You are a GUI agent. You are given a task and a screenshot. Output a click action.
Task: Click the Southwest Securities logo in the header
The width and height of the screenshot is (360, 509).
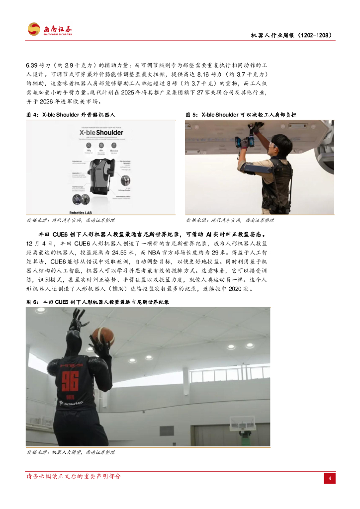coord(50,29)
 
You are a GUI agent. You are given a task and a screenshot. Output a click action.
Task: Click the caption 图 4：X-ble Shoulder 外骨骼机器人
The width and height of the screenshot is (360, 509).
coord(71,115)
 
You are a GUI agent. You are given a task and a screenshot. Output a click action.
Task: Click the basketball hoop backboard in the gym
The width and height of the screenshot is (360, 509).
coord(242,424)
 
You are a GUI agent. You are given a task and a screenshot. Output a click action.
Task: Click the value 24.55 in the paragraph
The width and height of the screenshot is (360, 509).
coord(123,252)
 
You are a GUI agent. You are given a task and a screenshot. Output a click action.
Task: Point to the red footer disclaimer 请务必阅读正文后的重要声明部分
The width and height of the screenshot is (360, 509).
coord(74,476)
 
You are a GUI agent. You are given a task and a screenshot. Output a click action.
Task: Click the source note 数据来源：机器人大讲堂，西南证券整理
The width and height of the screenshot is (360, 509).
coord(70,452)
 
